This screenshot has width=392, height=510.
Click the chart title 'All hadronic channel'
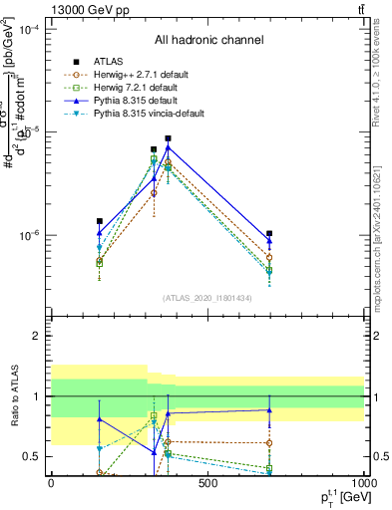coord(208,41)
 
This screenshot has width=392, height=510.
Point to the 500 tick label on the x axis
coord(207,482)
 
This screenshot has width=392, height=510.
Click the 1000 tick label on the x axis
coord(363,482)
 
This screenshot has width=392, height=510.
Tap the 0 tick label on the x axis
coord(51,482)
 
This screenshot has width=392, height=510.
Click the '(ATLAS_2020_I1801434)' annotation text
coord(208,298)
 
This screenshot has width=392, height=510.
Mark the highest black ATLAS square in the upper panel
coord(169,138)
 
